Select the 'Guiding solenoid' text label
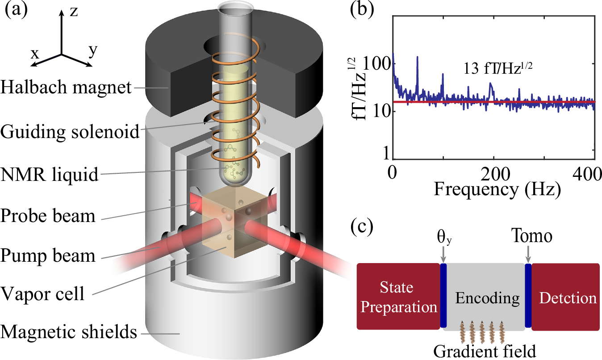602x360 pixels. [x=70, y=132]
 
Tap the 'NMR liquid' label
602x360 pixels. [x=49, y=175]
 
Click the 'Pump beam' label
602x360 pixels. [x=48, y=256]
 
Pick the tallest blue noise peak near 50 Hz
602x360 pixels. [x=417, y=58]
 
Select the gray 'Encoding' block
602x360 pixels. [x=484, y=297]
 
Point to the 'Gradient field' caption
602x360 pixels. [x=484, y=350]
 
